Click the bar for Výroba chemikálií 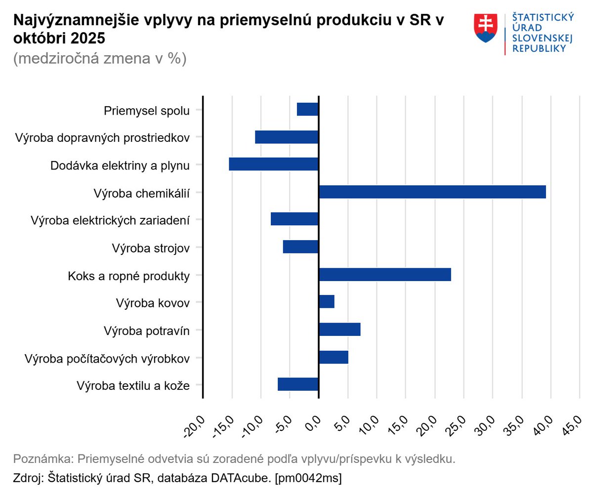[x=432, y=192]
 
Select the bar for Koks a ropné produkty [x=385, y=274]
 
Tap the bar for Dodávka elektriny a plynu [x=274, y=164]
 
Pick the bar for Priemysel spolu [x=307, y=109]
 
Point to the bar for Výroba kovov [x=327, y=301]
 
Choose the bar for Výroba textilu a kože [x=298, y=384]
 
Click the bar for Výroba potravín [x=339, y=329]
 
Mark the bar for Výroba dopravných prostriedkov [x=287, y=137]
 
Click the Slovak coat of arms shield [x=485, y=28]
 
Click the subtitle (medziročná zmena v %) [x=99, y=58]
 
